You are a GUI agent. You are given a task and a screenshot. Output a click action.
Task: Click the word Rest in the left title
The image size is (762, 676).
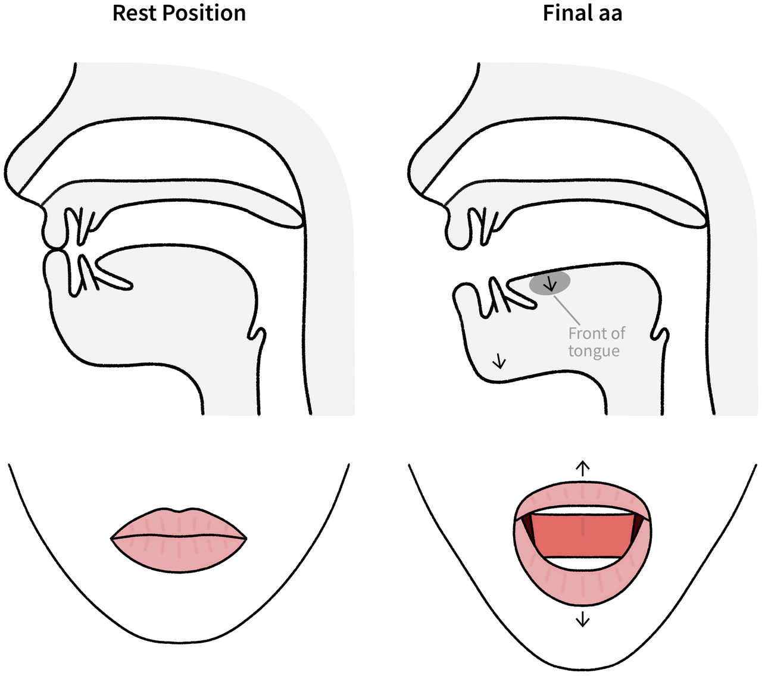pos(135,12)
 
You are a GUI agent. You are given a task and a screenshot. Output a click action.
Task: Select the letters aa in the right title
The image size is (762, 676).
pos(610,14)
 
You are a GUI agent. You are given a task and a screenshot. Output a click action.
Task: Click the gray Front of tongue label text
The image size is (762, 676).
pos(596,342)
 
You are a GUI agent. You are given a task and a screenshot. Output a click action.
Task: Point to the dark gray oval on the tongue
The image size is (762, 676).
pos(550,283)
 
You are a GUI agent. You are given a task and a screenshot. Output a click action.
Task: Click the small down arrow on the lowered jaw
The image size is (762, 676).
pos(499,361)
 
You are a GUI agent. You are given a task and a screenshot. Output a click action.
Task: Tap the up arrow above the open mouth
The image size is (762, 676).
pos(582,468)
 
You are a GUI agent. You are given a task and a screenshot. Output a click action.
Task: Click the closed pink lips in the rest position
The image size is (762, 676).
pos(179,539)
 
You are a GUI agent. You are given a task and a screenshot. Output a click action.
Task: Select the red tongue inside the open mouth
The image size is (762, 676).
pos(582,535)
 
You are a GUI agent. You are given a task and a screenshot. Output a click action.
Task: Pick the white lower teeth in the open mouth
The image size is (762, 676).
pos(582,563)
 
